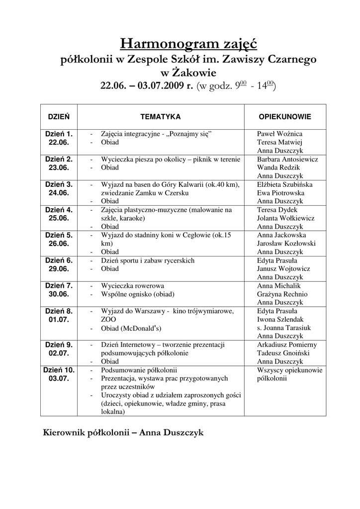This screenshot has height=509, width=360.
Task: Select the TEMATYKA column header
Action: coord(160,117)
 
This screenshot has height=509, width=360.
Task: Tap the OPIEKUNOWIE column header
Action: coord(285,117)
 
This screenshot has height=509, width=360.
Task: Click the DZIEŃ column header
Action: coord(58,117)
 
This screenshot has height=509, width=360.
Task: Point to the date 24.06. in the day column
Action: coord(59,192)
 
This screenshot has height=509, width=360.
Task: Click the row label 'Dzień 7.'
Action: coord(59,286)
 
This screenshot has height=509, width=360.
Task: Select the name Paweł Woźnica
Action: coord(279,134)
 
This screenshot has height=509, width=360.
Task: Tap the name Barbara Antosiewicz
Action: coord(287,160)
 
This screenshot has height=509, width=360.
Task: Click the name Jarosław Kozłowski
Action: coord(286,244)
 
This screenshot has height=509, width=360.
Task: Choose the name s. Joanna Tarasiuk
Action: coord(284,328)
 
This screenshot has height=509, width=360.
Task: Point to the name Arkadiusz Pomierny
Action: coord(287,344)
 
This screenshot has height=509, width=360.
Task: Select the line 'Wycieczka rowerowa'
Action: coord(132,286)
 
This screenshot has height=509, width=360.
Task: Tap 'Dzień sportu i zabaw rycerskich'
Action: coord(147,260)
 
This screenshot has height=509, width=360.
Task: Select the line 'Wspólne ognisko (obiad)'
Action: coord(138,294)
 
